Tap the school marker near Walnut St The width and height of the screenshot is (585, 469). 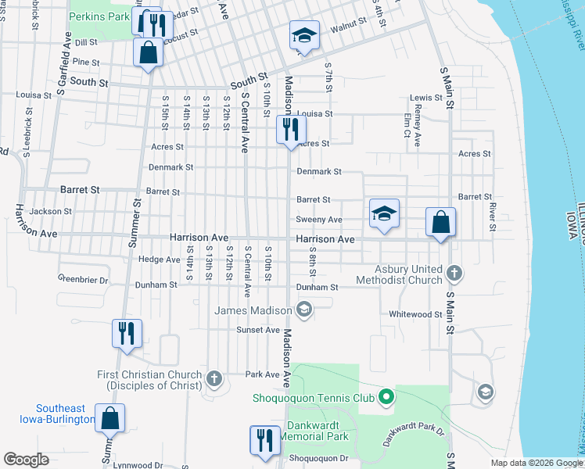point(303,36)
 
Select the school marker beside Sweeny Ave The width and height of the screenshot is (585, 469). point(384,214)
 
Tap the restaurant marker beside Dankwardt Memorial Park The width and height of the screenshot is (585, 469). point(265,439)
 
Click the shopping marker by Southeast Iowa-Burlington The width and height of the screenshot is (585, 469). point(109,418)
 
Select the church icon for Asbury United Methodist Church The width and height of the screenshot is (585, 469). point(455,274)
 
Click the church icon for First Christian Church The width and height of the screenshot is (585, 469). point(214,379)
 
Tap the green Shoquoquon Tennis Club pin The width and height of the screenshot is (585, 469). point(385,398)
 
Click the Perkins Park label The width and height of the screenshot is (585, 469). point(99,16)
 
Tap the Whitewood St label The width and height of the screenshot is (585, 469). point(416,314)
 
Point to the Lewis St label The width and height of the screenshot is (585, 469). point(426,98)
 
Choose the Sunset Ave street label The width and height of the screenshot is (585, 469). point(258,330)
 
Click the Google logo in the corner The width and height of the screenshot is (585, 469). point(26,460)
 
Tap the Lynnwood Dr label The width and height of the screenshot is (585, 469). point(136,465)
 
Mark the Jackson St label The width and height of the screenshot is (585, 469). point(50,211)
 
